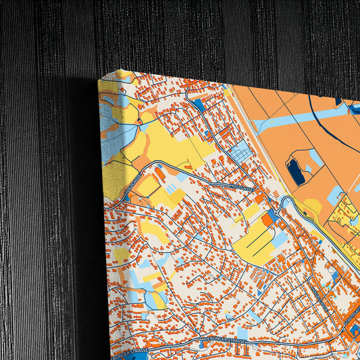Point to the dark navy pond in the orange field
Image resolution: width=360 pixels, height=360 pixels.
[296, 170]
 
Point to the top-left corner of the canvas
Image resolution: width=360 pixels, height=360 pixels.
[100, 80]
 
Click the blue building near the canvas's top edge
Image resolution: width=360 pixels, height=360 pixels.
[199, 105]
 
